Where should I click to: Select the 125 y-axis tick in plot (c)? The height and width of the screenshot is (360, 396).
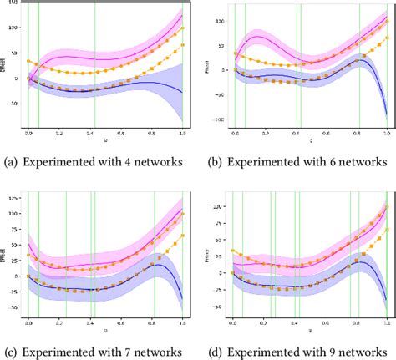[13, 200]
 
